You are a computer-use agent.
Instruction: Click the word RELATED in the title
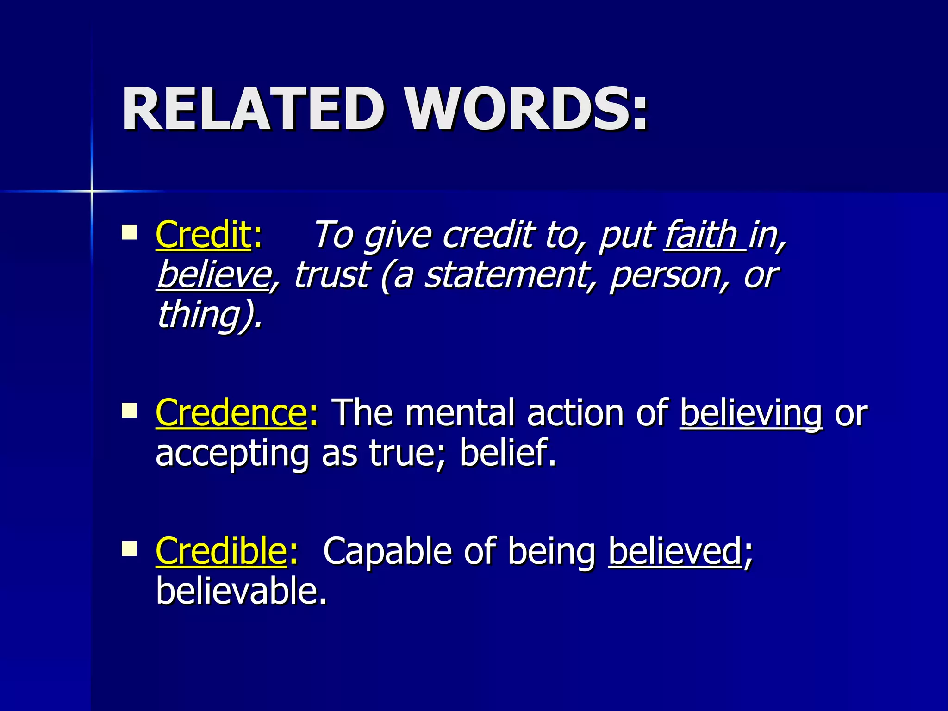pos(253,109)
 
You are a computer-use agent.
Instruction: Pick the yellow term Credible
pos(221,551)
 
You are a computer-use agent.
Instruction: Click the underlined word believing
pos(751,413)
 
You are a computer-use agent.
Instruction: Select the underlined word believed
pos(675,551)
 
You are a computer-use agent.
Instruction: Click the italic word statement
pos(506,275)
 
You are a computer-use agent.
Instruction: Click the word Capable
pos(387,551)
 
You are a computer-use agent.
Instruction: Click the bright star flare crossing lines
pos(92,191)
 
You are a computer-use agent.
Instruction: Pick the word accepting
pos(231,454)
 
